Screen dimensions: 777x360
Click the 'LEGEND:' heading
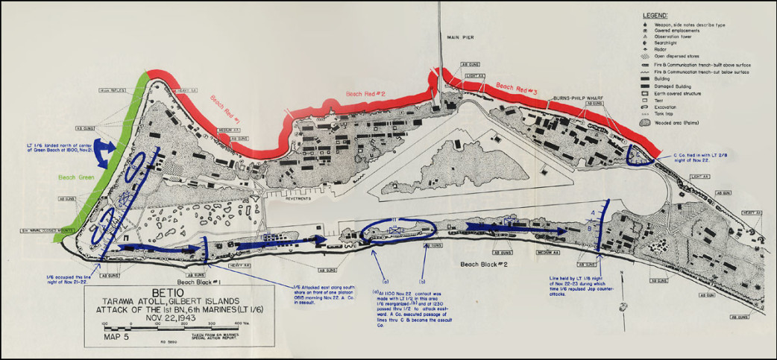(656, 16)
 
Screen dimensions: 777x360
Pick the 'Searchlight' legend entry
(676, 45)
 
